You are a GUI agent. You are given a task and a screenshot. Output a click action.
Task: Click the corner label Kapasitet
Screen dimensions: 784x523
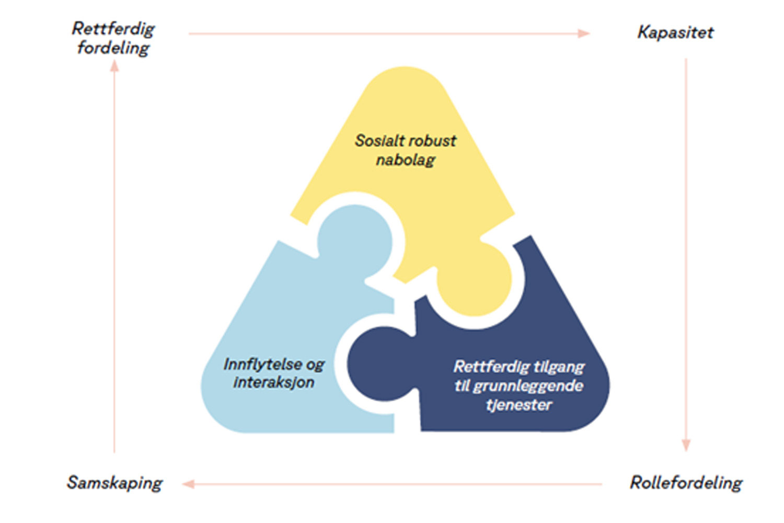(x=675, y=32)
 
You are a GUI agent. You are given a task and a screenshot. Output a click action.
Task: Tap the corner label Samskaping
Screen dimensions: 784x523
(x=114, y=483)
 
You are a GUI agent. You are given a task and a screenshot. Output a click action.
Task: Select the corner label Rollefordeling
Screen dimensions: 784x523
(x=686, y=483)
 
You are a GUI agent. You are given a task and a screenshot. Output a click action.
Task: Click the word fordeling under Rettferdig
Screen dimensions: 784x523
(x=113, y=48)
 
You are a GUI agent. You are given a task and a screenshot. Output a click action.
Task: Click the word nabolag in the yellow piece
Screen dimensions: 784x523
(x=405, y=160)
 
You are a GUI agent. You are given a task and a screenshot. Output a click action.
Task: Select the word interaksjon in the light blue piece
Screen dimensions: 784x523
(x=274, y=382)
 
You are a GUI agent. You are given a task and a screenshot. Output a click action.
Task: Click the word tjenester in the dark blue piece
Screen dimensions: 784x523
(x=518, y=405)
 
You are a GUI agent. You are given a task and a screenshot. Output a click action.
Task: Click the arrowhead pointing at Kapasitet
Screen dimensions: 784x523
(x=584, y=33)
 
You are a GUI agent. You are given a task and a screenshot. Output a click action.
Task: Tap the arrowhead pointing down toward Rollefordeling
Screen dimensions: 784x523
(x=686, y=445)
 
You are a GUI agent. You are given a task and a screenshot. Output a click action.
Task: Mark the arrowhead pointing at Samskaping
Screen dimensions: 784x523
(x=189, y=484)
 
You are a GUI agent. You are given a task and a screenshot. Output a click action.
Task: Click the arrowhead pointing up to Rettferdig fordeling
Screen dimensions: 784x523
(x=114, y=66)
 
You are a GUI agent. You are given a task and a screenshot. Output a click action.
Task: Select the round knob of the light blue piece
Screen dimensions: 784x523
(x=354, y=242)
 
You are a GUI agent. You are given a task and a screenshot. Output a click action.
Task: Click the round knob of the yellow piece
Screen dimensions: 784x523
(x=474, y=279)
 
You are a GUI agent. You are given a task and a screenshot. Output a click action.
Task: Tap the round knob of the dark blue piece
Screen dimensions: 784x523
(x=384, y=364)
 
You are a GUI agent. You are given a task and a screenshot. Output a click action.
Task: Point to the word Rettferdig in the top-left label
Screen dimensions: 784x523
(x=113, y=29)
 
